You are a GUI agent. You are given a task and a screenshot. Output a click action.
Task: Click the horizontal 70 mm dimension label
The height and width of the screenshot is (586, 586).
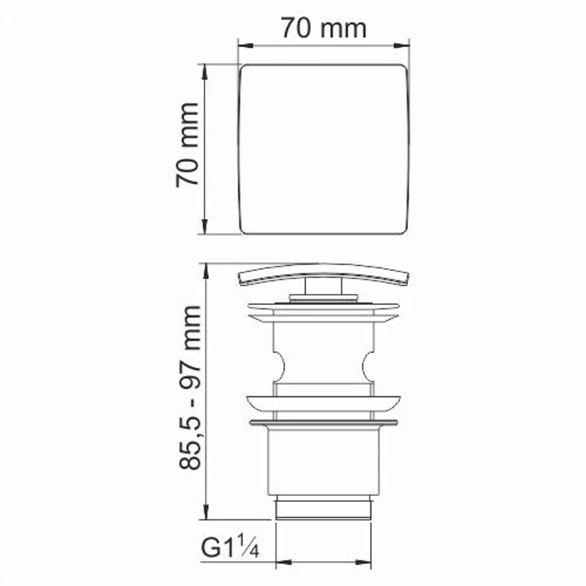pyautogui.click(x=322, y=29)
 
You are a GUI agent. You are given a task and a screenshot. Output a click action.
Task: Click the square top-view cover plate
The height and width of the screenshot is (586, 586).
pyautogui.click(x=324, y=149)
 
